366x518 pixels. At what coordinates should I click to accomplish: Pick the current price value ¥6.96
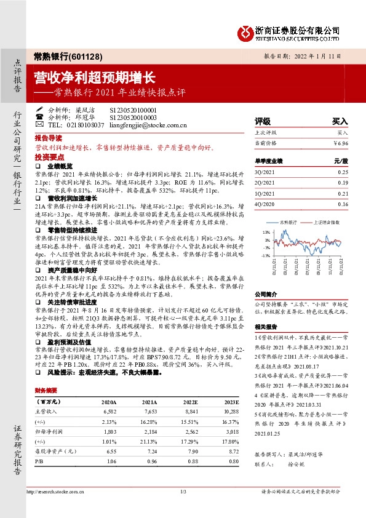click(x=341, y=143)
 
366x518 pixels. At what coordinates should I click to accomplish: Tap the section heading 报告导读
click(x=49, y=138)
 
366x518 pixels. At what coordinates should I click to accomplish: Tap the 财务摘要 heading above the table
click(x=46, y=391)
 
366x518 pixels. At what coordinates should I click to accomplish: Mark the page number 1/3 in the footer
click(x=183, y=492)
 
